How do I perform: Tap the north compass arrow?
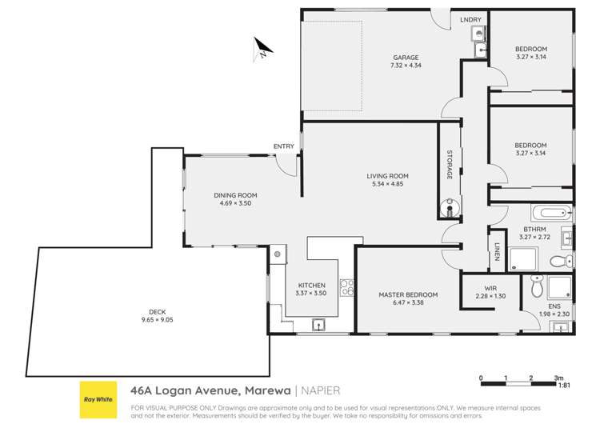point(261,50)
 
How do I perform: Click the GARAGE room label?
point(406,58)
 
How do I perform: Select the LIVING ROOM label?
point(388,176)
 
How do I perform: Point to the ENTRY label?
point(283,146)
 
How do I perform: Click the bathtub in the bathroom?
point(553,213)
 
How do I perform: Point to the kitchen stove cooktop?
point(346,287)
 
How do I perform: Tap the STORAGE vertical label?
point(450,163)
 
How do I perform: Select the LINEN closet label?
point(497,252)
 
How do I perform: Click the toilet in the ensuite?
point(536,285)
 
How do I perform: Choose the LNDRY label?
point(470,19)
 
